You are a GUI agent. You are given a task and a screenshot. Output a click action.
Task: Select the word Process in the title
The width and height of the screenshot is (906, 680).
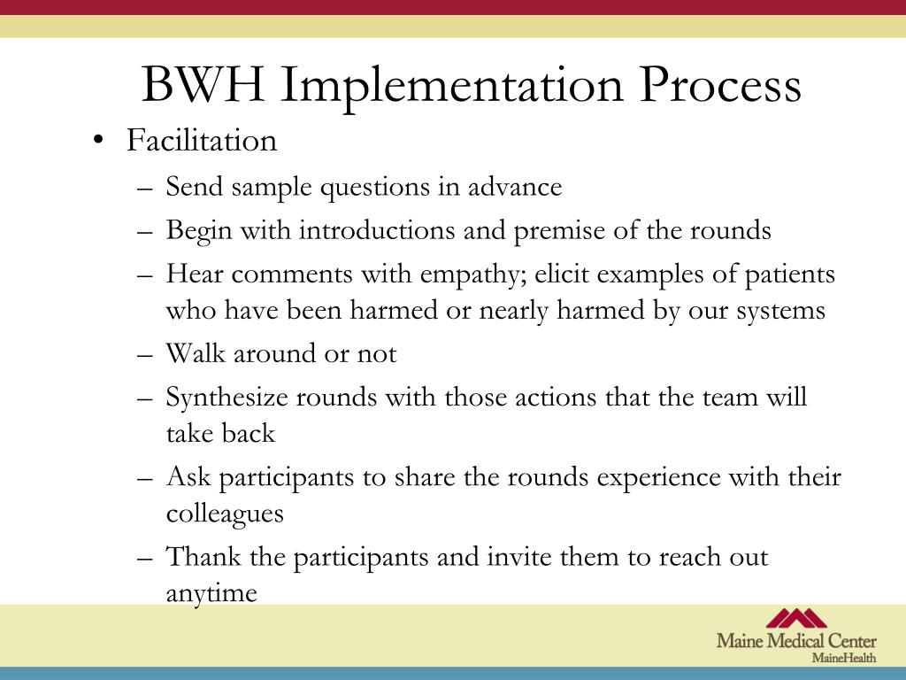pyautogui.click(x=720, y=86)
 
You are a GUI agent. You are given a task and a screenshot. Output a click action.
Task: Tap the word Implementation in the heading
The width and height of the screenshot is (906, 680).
pyautogui.click(x=457, y=86)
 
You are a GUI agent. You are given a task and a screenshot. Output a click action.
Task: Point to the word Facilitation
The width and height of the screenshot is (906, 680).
pyautogui.click(x=202, y=141)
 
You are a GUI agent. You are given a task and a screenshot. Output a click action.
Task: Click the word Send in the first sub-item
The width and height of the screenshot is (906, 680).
pyautogui.click(x=195, y=187)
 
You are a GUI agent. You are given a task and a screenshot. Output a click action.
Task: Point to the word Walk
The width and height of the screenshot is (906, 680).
pyautogui.click(x=196, y=354)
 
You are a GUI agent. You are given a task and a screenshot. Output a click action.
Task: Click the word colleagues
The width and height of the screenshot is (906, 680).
pyautogui.click(x=225, y=514)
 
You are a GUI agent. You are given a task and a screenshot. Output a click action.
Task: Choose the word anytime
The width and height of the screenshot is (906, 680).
pyautogui.click(x=211, y=592)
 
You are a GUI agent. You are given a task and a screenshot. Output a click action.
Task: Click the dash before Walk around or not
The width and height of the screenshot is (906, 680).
pyautogui.click(x=146, y=355)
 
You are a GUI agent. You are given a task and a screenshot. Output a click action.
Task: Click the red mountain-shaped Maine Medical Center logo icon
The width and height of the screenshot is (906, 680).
pyautogui.click(x=795, y=618)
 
